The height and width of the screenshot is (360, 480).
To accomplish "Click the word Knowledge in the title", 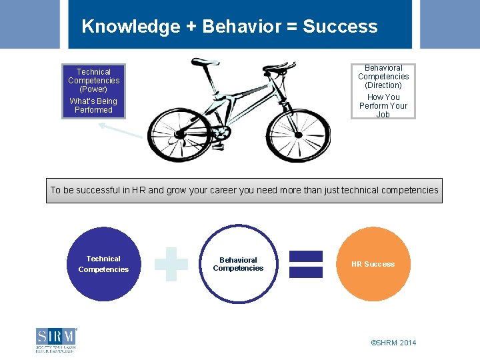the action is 131,27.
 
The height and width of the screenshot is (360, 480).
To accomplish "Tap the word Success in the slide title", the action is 340,27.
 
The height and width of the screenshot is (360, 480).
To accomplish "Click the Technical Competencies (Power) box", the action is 93,91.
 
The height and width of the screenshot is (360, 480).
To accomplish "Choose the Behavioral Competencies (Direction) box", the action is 383,91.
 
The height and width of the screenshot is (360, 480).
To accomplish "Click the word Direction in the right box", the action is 383,85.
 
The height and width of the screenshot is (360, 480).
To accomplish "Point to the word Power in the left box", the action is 93,89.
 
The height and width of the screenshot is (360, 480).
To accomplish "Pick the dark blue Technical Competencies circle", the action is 103,264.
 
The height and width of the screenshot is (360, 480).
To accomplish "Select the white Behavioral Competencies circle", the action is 238,264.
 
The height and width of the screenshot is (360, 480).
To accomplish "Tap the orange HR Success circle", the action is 373,264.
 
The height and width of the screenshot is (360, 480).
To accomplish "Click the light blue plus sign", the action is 171,264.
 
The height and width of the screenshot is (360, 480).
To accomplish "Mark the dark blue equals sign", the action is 305,264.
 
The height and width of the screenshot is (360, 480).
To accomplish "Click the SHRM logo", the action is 56,339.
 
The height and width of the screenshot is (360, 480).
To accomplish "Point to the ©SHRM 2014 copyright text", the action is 393,343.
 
